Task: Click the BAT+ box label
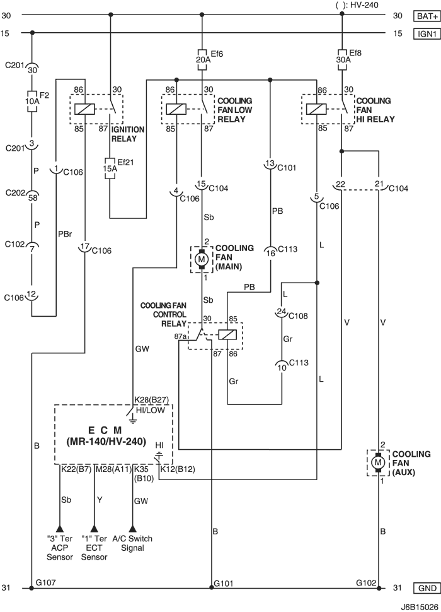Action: click(427, 16)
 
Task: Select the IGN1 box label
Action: click(427, 33)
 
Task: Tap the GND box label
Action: click(427, 588)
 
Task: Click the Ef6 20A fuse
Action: click(202, 60)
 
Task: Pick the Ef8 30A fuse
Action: click(341, 60)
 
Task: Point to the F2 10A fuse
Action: click(32, 102)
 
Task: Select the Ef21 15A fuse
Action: click(110, 168)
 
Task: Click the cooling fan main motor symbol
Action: click(202, 259)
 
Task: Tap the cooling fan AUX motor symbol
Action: click(377, 462)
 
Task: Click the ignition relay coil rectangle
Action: click(85, 109)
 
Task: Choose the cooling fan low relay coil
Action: click(176, 109)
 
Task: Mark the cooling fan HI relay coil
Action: click(316, 109)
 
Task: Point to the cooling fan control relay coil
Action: click(226, 335)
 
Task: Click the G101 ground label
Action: click(224, 584)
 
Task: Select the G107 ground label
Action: click(45, 583)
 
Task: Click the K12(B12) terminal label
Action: click(178, 469)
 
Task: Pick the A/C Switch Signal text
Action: click(132, 543)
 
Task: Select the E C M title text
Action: click(105, 430)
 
